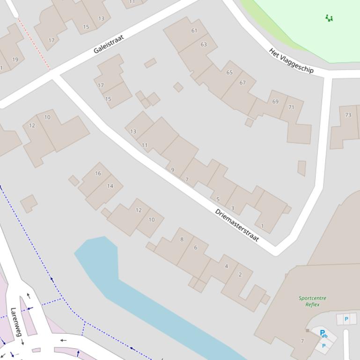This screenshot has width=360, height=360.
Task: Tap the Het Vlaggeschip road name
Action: click(x=291, y=60)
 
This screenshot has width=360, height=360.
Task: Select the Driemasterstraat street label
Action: click(x=237, y=225)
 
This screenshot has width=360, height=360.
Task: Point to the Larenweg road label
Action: click(x=16, y=322)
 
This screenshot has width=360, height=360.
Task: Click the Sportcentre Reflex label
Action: click(x=312, y=301)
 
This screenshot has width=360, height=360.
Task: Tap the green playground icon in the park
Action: click(x=329, y=18)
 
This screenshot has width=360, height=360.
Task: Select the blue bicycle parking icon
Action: click(x=323, y=334)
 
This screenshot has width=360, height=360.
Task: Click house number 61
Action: click(x=194, y=31)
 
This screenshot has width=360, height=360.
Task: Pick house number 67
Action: click(x=242, y=83)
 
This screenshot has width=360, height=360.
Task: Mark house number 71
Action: click(x=291, y=107)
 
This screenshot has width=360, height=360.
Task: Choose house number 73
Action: click(x=348, y=115)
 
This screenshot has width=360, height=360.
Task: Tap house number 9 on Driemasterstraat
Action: click(x=173, y=170)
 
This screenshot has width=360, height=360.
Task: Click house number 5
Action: click(x=218, y=199)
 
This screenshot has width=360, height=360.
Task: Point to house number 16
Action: click(x=98, y=173)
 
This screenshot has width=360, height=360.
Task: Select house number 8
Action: click(x=182, y=239)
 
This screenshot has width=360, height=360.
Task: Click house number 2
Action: click(x=240, y=274)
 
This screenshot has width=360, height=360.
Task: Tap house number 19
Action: click(x=15, y=59)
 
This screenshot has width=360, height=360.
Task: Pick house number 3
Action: click(x=233, y=209)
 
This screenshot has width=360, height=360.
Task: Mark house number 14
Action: click(x=110, y=186)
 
